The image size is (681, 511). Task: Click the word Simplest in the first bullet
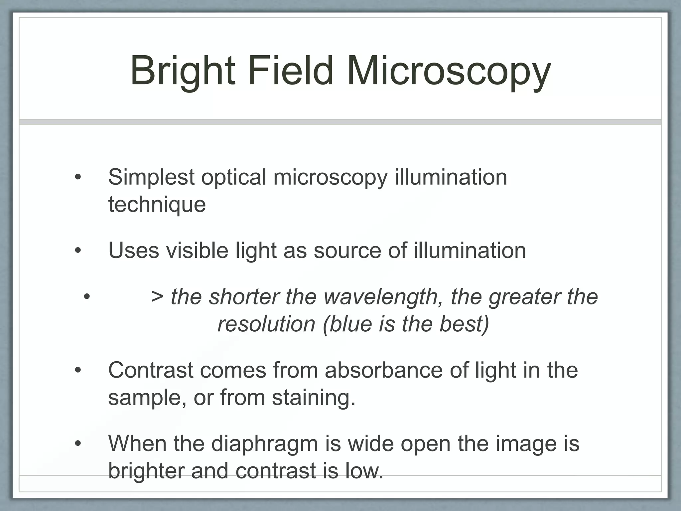point(151,178)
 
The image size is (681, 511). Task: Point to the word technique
point(157,205)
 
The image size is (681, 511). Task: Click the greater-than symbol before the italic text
point(157,297)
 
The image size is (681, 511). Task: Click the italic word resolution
point(266,324)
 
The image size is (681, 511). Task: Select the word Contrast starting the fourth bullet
point(151,370)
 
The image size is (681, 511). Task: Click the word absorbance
point(384,370)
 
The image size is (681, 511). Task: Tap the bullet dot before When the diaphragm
point(78,444)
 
